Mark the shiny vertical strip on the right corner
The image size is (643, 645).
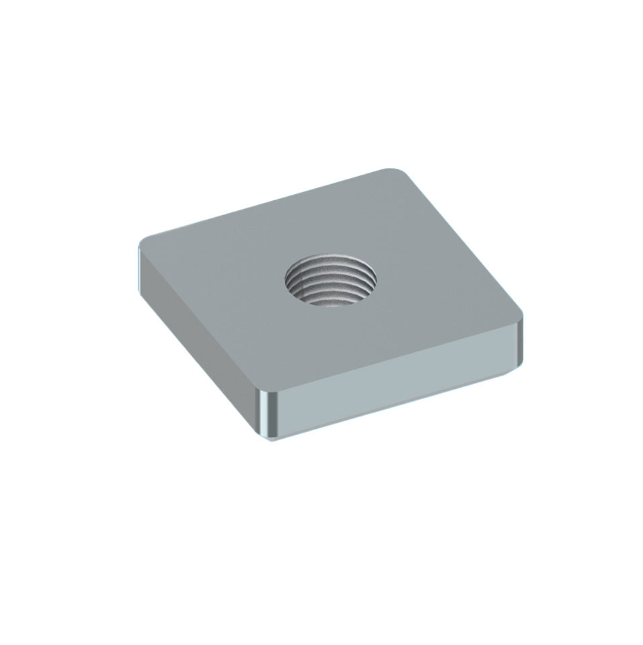(519, 345)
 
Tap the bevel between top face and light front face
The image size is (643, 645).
(396, 359)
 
